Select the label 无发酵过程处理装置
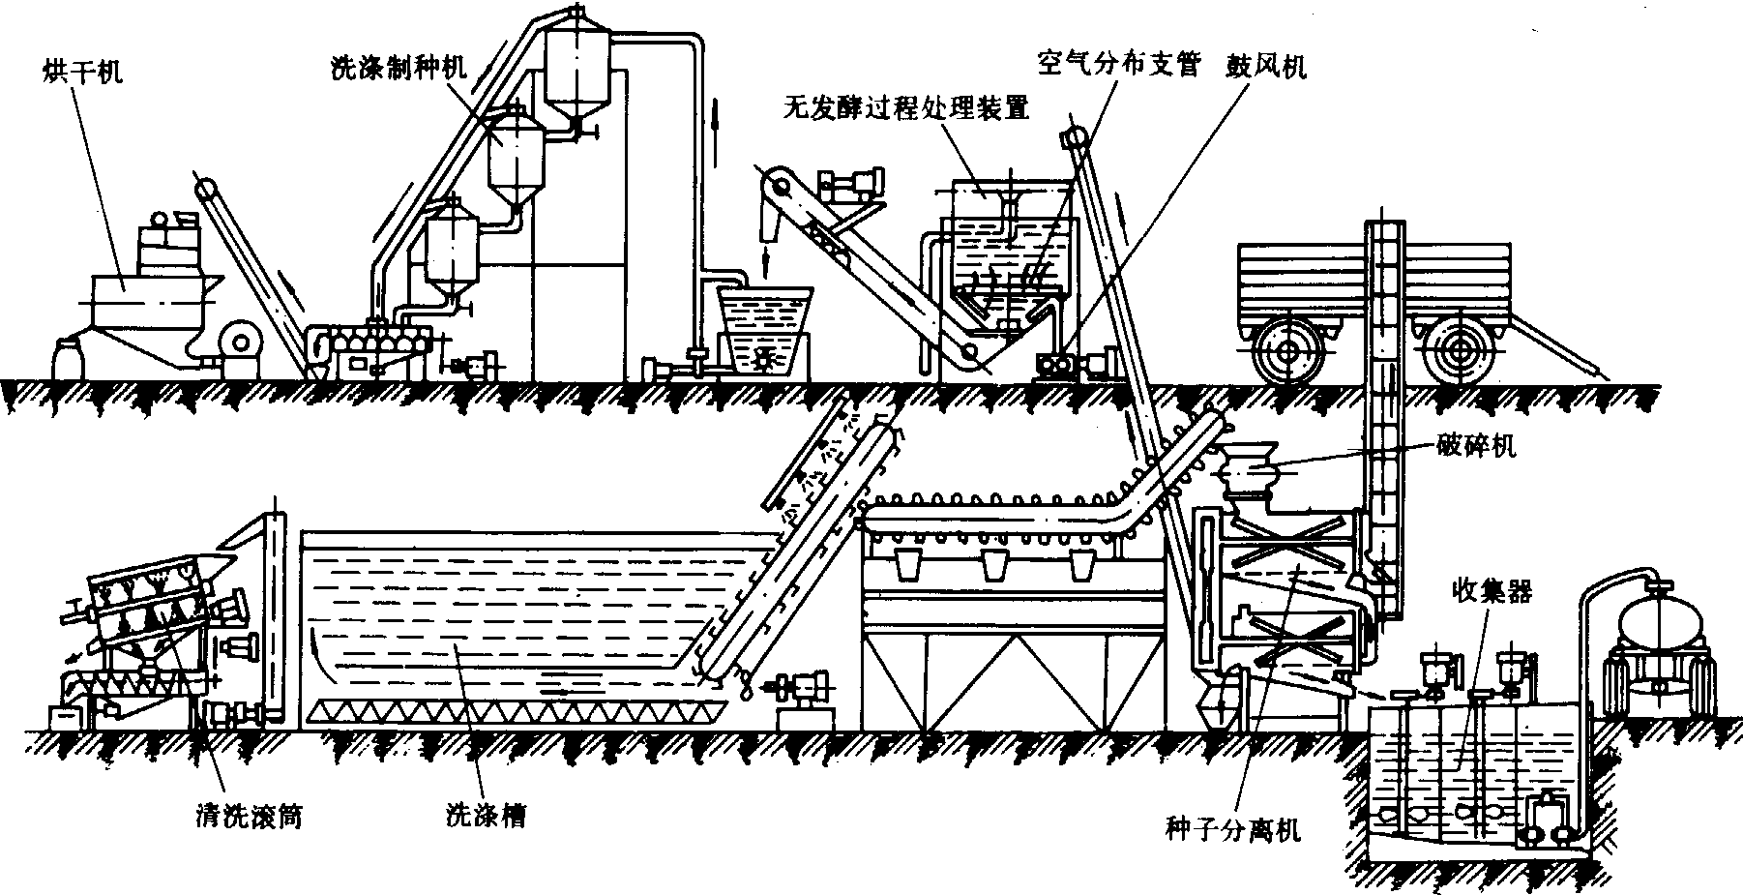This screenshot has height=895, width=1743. [905, 106]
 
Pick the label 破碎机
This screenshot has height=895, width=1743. [1475, 446]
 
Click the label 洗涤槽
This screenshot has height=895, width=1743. [485, 817]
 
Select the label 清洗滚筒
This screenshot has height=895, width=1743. [246, 817]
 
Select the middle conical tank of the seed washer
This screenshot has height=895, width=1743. [513, 160]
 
